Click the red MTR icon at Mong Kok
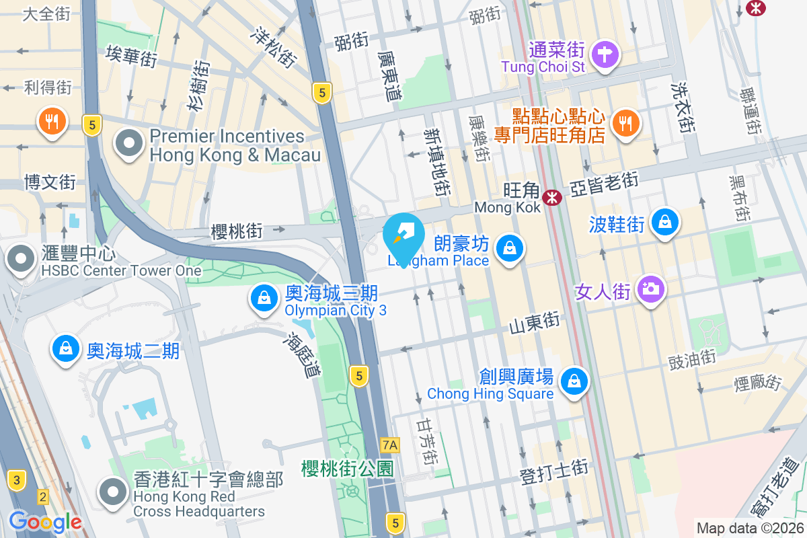553,198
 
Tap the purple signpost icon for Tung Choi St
605,53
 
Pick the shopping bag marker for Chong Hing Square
574,381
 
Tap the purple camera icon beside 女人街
650,290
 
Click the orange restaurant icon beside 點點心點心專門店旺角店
626,123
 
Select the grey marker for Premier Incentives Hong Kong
128,144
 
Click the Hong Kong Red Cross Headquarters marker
112,493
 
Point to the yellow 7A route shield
389,445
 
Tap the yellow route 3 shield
17,480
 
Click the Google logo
45,521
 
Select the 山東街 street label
534,323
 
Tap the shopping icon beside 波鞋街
665,222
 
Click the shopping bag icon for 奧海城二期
65,349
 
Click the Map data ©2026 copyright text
749,529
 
